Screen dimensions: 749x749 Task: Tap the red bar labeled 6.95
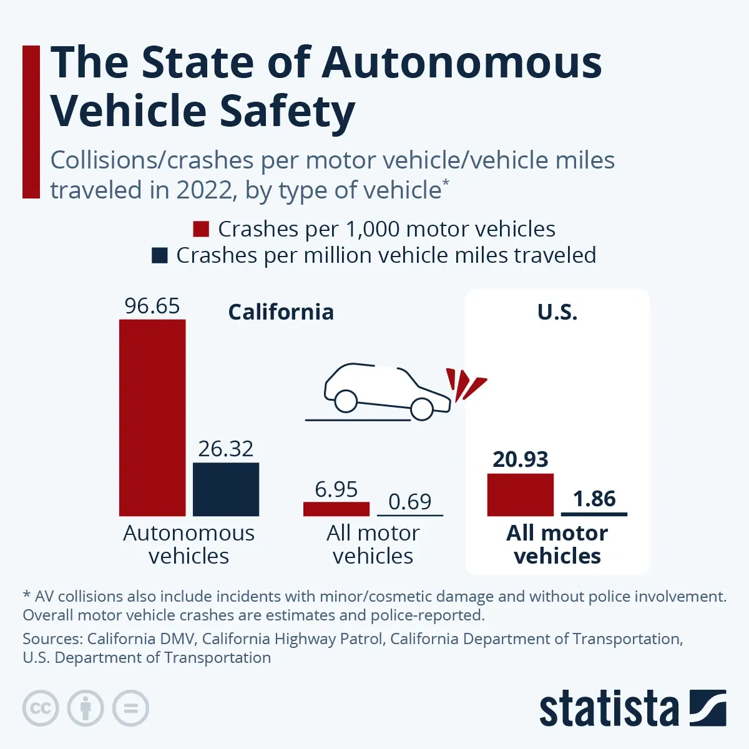tap(336, 509)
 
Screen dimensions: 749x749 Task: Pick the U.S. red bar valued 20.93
tap(520, 494)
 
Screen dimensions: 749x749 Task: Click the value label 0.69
tap(410, 501)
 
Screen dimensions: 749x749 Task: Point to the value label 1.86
tap(594, 499)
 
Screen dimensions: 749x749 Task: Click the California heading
tap(281, 311)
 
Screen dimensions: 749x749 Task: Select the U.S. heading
tap(557, 311)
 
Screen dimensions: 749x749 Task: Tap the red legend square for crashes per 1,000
tap(201, 229)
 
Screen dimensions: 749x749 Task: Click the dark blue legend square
tap(160, 255)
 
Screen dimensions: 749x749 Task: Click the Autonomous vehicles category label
tap(188, 544)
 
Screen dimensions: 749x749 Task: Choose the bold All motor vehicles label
tap(557, 544)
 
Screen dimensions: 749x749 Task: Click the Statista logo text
tap(609, 709)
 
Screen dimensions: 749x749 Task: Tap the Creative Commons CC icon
tap(41, 708)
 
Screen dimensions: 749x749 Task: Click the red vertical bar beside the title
tap(31, 122)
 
